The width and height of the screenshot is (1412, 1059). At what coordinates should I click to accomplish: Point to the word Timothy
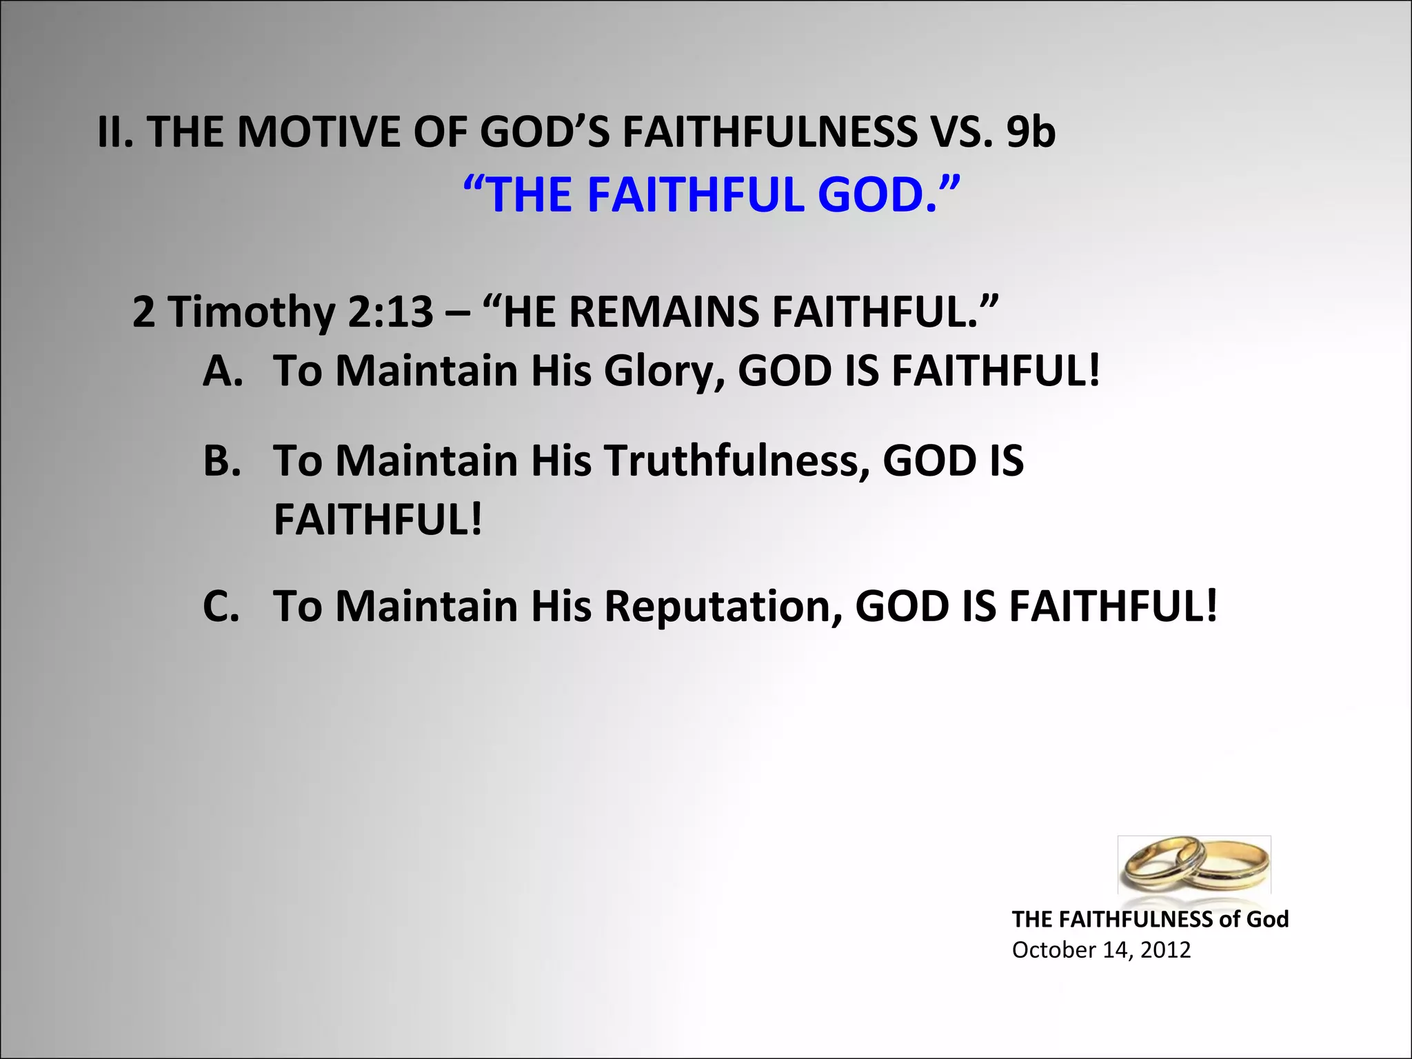(251, 312)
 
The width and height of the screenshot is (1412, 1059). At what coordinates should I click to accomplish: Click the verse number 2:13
(390, 312)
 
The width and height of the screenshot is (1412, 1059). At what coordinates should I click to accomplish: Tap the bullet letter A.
(223, 371)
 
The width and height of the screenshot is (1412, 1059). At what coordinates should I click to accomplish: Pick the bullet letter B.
(222, 461)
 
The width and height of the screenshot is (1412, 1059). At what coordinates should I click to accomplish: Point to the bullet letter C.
(221, 606)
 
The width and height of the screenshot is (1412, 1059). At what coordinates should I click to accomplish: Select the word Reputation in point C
(723, 606)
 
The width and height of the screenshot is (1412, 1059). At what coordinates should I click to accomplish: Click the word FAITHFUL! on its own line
(378, 520)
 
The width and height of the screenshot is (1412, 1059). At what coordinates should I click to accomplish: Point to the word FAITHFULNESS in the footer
(1135, 919)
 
